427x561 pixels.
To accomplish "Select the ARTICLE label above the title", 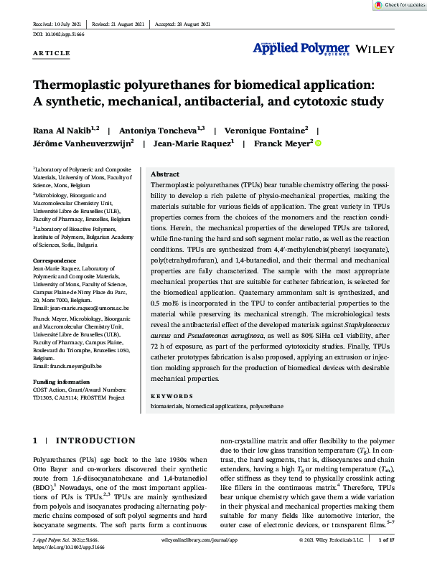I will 52,53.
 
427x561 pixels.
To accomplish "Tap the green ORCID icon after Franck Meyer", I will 318,143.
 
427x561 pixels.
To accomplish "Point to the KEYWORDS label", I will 172,396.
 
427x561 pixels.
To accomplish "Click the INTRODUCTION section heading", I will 90,440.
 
